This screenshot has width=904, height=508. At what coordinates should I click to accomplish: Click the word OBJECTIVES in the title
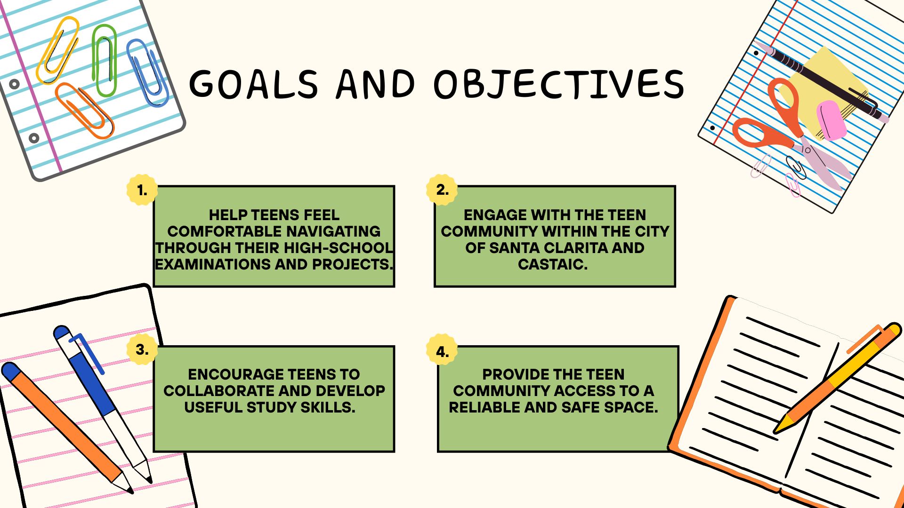click(559, 85)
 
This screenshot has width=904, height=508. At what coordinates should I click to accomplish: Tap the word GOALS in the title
click(253, 84)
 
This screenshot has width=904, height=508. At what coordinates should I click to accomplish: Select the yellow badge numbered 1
click(142, 190)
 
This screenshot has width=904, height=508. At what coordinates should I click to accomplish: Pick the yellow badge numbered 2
click(442, 190)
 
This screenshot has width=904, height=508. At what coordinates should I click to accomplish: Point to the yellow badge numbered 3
click(142, 349)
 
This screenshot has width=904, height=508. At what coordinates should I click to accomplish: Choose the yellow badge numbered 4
click(442, 350)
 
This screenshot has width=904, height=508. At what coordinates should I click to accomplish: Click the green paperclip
click(105, 60)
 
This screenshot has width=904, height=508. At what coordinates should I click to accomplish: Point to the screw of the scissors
click(807, 151)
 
